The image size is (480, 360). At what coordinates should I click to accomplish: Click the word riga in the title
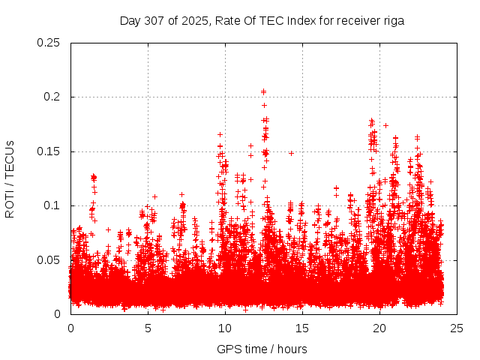coord(392,21)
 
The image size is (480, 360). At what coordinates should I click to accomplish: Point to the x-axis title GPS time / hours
coord(262,349)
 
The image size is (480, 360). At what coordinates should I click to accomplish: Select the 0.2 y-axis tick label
coord(55,97)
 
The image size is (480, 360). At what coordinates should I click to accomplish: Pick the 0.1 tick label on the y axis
coord(55,205)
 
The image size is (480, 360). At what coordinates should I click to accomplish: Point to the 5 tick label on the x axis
coord(148,328)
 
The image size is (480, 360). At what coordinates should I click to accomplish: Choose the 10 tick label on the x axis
coord(225,328)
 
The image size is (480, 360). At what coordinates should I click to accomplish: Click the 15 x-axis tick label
coord(302,328)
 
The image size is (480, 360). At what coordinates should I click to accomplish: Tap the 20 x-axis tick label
coord(379,328)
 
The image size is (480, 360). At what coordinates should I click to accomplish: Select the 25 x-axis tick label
coord(457,328)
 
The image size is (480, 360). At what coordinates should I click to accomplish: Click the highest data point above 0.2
coord(263,91)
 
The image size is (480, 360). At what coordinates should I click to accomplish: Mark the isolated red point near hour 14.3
coord(291,153)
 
